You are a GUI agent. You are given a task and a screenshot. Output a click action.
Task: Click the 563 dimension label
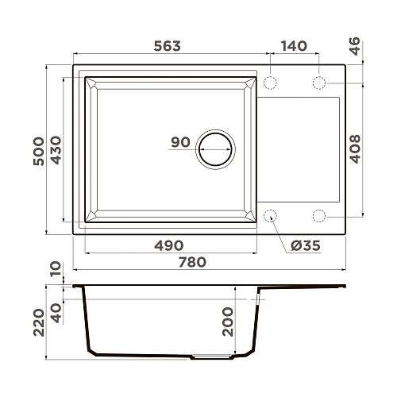click(x=168, y=46)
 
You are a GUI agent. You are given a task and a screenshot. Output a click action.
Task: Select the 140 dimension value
click(x=294, y=46)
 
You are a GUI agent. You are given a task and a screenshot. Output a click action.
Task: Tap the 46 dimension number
click(x=355, y=46)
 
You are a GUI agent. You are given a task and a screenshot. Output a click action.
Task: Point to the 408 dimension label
click(x=355, y=149)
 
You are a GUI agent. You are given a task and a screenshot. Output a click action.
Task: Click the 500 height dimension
click(x=39, y=152)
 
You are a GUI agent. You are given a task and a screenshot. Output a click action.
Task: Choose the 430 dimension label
click(x=56, y=150)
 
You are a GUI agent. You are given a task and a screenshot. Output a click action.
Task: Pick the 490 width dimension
click(x=169, y=245)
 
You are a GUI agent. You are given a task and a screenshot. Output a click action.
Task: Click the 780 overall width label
click(x=192, y=262)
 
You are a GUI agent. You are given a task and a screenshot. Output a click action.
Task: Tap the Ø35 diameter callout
click(x=306, y=245)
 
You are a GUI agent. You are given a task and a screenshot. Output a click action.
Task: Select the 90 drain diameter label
click(x=180, y=142)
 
